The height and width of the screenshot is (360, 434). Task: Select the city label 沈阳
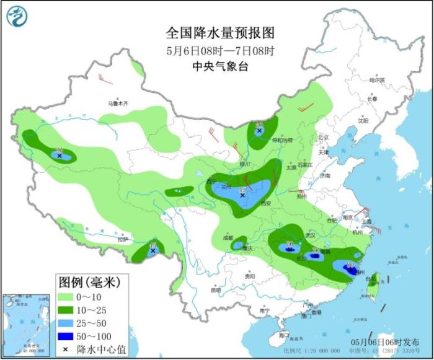(363, 121)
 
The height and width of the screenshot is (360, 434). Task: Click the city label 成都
(228, 238)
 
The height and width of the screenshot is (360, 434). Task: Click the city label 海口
(284, 335)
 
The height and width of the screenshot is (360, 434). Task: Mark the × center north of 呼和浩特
(259, 131)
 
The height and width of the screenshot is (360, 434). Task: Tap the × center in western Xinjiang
(60, 156)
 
